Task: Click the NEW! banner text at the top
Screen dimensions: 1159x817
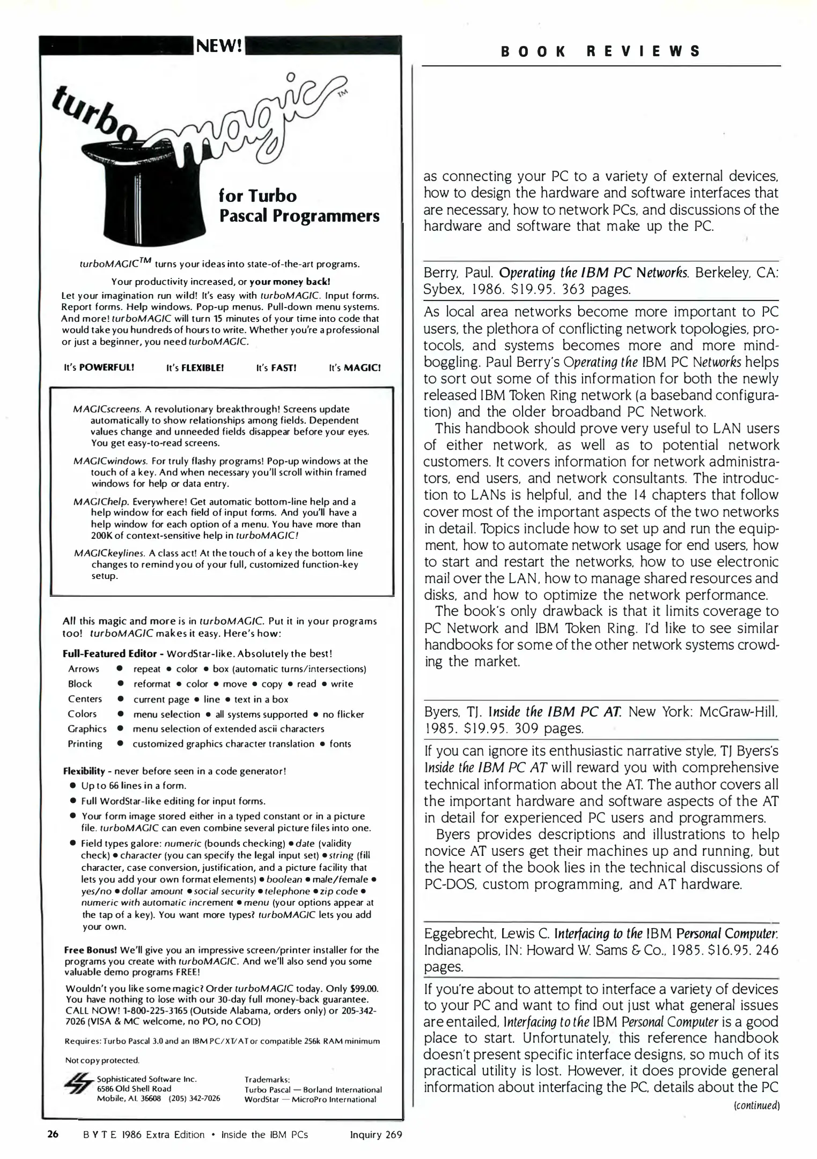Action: tap(220, 46)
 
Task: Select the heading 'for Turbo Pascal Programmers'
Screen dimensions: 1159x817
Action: tap(299, 206)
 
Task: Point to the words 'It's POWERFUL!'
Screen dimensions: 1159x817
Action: tap(99, 368)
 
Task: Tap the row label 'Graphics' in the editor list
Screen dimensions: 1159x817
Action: tap(87, 729)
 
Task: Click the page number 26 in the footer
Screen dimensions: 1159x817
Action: tap(53, 1134)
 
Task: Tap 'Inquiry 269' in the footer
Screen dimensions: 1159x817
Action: tap(376, 1134)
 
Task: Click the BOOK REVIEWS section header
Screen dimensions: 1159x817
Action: tap(601, 52)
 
